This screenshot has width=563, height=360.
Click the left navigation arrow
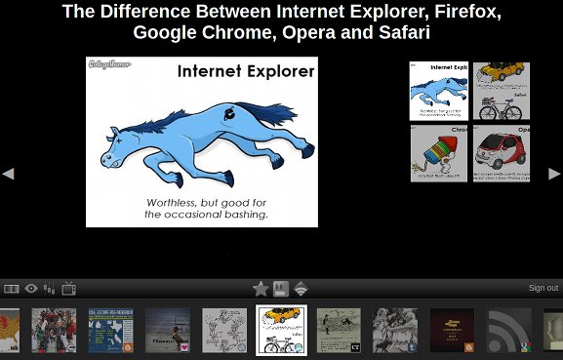pyautogui.click(x=8, y=174)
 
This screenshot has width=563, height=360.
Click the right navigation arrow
pyautogui.click(x=554, y=174)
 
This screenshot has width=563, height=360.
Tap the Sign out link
pyautogui.click(x=543, y=288)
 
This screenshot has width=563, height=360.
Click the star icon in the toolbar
pyautogui.click(x=261, y=289)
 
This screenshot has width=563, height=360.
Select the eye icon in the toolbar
pyautogui.click(x=31, y=289)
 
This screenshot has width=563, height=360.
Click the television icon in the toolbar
pyautogui.click(x=69, y=289)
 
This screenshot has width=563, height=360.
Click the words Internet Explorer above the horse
pyautogui.click(x=246, y=71)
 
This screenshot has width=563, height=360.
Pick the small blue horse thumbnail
pyautogui.click(x=438, y=91)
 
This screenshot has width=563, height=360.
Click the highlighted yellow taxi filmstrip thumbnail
pyautogui.click(x=281, y=330)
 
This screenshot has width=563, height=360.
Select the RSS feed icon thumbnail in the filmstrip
pyautogui.click(x=509, y=330)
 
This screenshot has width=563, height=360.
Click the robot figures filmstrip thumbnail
pyautogui.click(x=54, y=330)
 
